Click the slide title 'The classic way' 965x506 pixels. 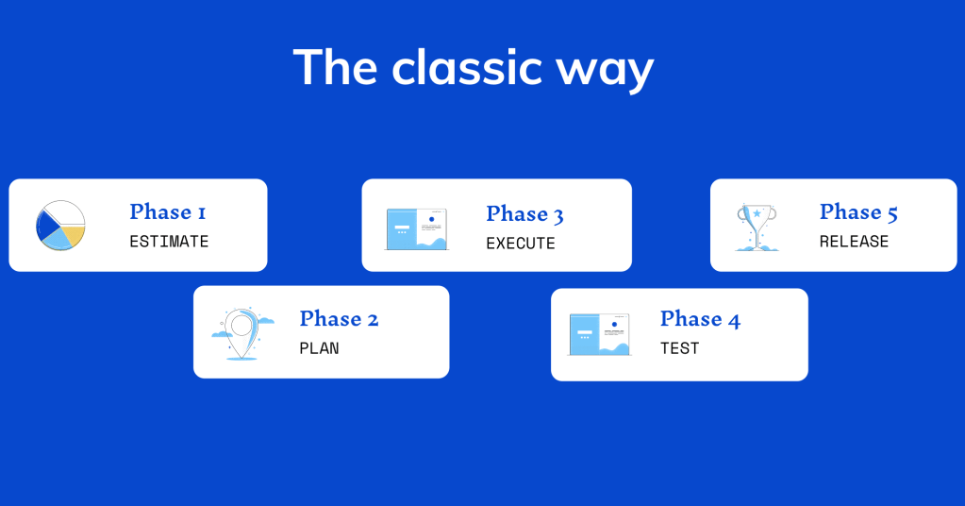474,68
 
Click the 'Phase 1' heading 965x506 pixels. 167,211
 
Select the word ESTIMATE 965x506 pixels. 169,242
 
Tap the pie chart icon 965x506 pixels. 60,226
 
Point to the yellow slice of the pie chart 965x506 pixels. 73,235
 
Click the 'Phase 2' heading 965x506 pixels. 339,319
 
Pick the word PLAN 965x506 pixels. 320,348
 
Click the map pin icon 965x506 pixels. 242,333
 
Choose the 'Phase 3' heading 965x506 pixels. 524,214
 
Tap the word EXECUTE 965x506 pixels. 521,244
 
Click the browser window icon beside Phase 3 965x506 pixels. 417,229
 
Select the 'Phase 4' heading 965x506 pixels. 700,319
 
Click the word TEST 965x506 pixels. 680,348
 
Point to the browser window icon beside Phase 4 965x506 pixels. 599,335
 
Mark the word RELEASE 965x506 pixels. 855,242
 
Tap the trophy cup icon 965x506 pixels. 757,228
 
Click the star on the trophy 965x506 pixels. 757,213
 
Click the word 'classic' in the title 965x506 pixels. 467,67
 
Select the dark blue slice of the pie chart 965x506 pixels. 45,226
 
